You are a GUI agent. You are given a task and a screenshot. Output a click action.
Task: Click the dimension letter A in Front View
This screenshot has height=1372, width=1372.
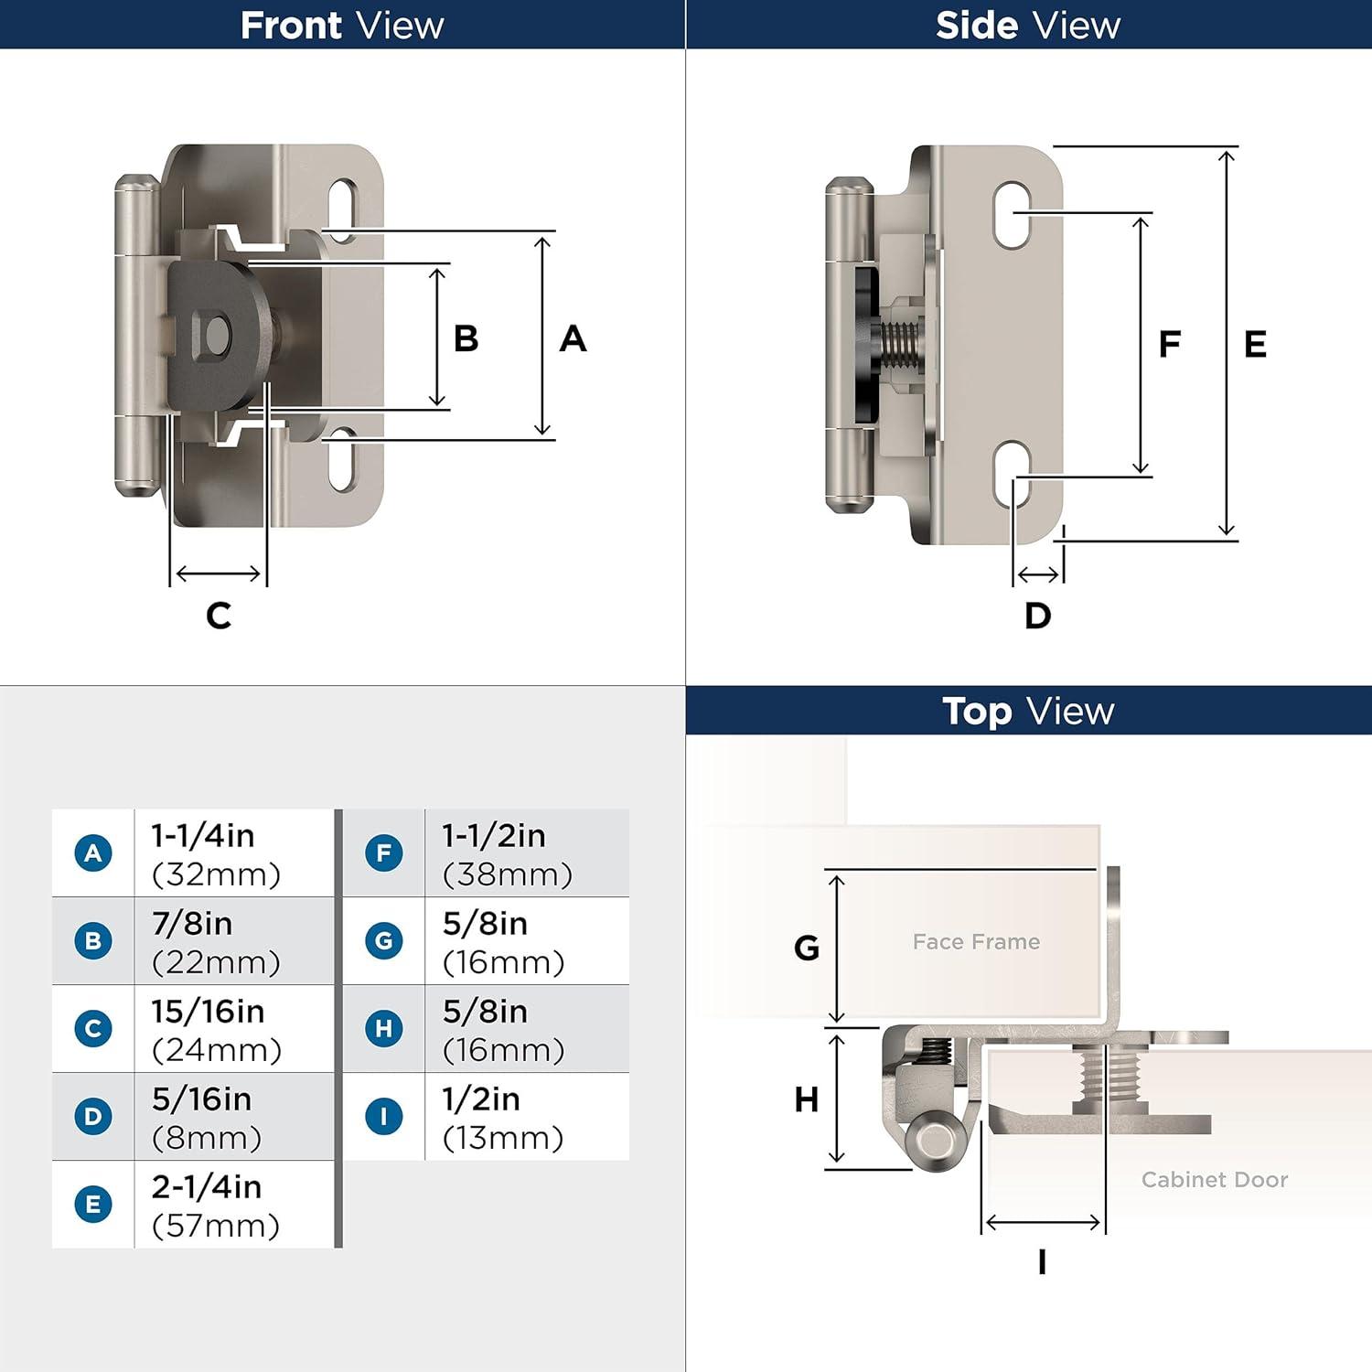point(573,338)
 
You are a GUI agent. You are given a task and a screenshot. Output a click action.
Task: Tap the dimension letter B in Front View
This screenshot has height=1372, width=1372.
point(466,338)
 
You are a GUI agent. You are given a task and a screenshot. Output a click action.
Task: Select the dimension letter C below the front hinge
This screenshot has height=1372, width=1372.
point(219,616)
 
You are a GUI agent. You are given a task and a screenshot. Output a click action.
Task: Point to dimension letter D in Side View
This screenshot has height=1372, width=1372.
point(1037,616)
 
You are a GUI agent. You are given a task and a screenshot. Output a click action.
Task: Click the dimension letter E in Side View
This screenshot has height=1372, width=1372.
point(1255,345)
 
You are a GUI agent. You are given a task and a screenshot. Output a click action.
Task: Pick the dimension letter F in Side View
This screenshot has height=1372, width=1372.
point(1169,345)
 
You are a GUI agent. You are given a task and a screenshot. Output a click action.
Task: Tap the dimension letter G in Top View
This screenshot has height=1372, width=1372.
point(806,949)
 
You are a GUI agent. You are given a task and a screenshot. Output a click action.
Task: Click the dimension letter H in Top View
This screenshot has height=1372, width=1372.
point(806,1099)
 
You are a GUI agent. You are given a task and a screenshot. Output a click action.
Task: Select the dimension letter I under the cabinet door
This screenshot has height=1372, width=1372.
point(1042,1262)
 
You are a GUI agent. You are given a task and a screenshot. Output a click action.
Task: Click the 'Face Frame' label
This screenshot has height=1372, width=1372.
point(976,942)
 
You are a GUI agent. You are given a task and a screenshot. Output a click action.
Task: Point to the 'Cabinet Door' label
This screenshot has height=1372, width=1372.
point(1214,1180)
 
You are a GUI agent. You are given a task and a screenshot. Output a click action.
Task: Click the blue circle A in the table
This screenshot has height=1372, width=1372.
point(93,853)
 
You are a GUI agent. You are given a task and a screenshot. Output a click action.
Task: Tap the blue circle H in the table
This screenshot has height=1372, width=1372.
point(384,1029)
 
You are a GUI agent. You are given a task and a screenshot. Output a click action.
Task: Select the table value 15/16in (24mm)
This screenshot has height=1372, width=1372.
point(217,1030)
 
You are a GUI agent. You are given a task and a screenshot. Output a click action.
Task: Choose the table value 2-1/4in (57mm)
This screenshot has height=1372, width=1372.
point(216,1206)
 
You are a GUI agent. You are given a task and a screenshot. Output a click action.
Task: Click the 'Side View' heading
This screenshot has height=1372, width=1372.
point(1028,25)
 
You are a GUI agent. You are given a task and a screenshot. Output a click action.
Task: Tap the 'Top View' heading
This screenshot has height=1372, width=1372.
point(1028,711)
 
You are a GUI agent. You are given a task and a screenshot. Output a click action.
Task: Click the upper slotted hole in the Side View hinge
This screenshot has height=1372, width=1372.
point(1012,214)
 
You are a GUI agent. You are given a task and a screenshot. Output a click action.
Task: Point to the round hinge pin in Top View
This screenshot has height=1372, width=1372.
point(935,1140)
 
